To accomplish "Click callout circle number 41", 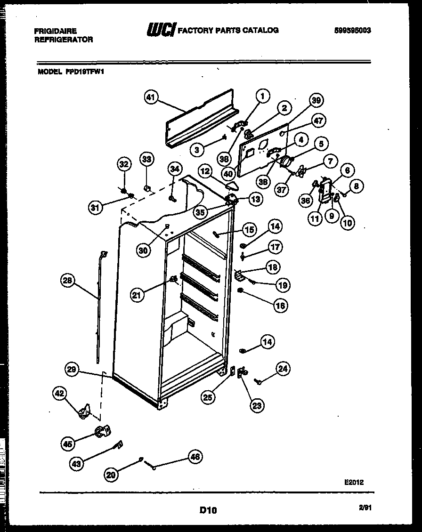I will tap(150, 98).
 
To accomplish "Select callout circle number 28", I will tap(68, 281).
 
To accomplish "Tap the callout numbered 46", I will tap(195, 456).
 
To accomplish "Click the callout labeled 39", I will tap(316, 100).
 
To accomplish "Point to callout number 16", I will tap(281, 306).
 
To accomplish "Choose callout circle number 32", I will tap(124, 164).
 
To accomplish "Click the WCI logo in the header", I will tap(161, 30).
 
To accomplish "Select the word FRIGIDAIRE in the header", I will tap(55, 31).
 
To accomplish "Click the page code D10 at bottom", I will tap(208, 509).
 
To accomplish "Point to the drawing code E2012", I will tap(354, 483).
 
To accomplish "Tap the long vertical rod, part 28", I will tap(99, 306).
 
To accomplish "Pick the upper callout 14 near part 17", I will tap(275, 226).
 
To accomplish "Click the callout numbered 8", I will tap(356, 186).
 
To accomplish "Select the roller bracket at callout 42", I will tap(84, 411).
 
